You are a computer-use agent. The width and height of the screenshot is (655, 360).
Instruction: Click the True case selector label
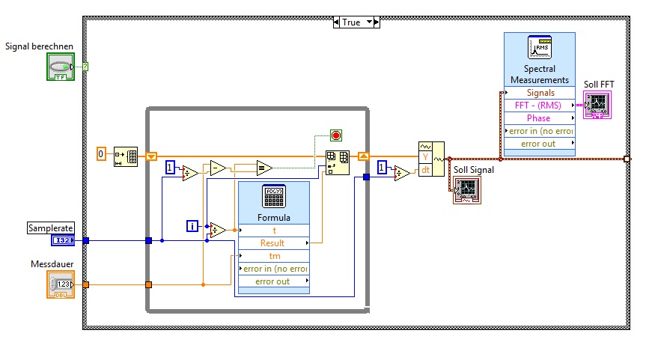pos(351,22)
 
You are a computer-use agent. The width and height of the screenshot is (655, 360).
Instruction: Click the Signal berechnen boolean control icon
pos(59,67)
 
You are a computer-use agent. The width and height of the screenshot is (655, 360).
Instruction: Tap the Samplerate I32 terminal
pos(62,240)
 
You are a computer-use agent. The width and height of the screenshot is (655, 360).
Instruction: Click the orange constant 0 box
pos(102,154)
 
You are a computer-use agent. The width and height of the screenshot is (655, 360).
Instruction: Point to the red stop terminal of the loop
pos(335,135)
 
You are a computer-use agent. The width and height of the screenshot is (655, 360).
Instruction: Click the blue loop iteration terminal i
pos(192,225)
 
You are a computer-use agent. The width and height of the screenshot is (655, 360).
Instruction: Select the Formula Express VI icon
pos(272,197)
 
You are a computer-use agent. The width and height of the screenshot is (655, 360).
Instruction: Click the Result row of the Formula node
pos(272,243)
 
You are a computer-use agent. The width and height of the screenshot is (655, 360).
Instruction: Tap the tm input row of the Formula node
pos(272,256)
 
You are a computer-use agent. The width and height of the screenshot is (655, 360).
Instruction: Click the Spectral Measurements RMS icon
pos(539,47)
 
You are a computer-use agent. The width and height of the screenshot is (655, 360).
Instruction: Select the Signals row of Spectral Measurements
pos(540,93)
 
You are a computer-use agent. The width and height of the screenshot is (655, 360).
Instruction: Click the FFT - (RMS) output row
pos(539,106)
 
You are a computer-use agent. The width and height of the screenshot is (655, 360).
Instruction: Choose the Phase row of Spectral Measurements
pos(539,118)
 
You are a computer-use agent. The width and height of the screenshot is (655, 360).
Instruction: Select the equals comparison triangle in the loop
pos(263,167)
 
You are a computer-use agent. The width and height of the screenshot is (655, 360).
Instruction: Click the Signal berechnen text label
pos(40,46)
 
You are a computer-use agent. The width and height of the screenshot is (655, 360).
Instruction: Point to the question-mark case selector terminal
pos(85,67)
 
